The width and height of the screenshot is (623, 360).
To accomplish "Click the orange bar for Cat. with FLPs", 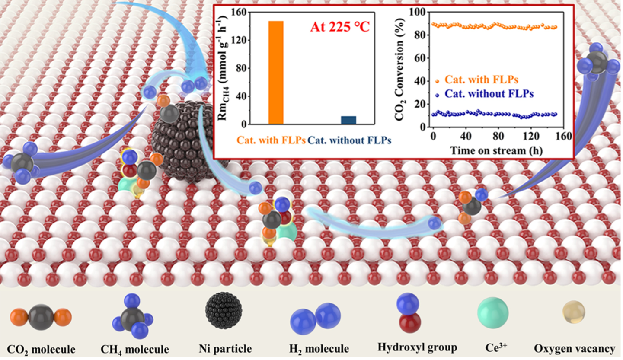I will tap(276, 73).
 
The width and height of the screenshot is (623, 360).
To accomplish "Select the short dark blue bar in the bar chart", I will tap(348, 120).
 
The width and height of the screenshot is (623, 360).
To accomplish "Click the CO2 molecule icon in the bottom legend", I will tap(41, 318).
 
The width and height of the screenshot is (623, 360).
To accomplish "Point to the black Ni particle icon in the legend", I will tap(224, 311).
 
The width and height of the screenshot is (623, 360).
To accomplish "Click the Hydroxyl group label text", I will tap(417, 347).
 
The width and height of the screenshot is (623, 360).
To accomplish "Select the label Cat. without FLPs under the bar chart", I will tap(349, 140).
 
